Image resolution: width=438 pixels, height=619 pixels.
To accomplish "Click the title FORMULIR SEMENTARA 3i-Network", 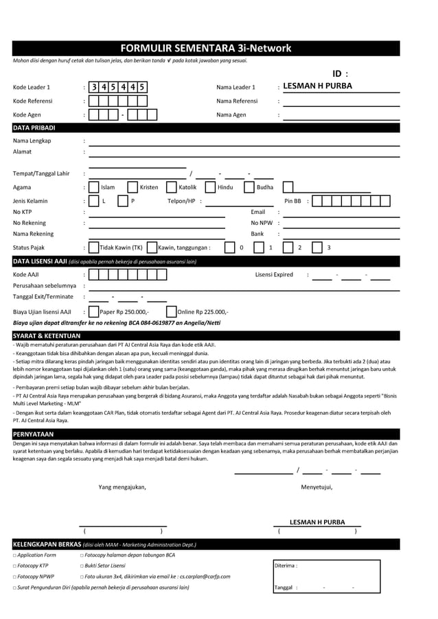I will (206, 49).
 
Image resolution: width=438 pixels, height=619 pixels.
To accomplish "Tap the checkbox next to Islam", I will (95, 187).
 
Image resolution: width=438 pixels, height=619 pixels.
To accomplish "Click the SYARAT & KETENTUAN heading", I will (47, 335).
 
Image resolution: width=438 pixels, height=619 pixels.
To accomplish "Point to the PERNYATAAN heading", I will (34, 434).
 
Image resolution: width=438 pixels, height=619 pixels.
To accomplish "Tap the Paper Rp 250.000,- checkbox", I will (95, 311).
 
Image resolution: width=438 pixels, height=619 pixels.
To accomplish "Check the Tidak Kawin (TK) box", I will (95, 247).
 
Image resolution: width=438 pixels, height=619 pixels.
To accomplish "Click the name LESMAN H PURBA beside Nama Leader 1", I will (317, 86).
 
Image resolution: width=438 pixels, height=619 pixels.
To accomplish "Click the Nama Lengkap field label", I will (32, 141).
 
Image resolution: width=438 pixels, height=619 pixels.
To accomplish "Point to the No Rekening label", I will (30, 223).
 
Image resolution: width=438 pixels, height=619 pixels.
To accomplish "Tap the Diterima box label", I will (285, 566).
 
